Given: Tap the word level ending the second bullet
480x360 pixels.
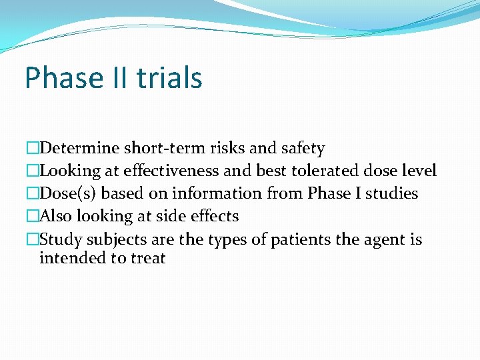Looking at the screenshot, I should point(417,171).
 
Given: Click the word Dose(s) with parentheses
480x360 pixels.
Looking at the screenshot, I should point(69,194).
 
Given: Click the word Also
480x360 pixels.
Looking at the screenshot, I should point(56,217).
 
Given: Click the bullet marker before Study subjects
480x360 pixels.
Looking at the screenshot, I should point(33,239).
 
